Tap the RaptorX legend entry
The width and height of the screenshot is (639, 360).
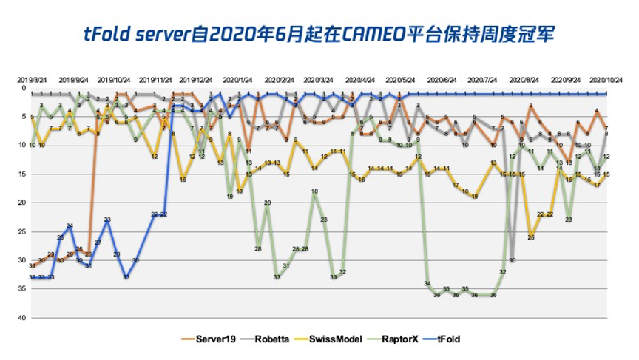(x=399, y=339)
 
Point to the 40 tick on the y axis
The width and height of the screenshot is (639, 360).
(x=24, y=318)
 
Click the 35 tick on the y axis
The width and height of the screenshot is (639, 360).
(x=24, y=289)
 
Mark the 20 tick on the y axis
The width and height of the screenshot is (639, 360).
(x=24, y=203)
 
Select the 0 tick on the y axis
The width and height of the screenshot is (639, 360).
(x=24, y=88)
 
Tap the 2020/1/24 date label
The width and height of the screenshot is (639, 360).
(x=238, y=80)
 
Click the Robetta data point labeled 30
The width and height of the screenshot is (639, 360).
(x=512, y=260)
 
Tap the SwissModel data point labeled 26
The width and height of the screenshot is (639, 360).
(x=531, y=237)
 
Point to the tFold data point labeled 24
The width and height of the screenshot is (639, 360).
(x=70, y=226)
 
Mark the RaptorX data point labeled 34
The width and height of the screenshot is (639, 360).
(x=427, y=284)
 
